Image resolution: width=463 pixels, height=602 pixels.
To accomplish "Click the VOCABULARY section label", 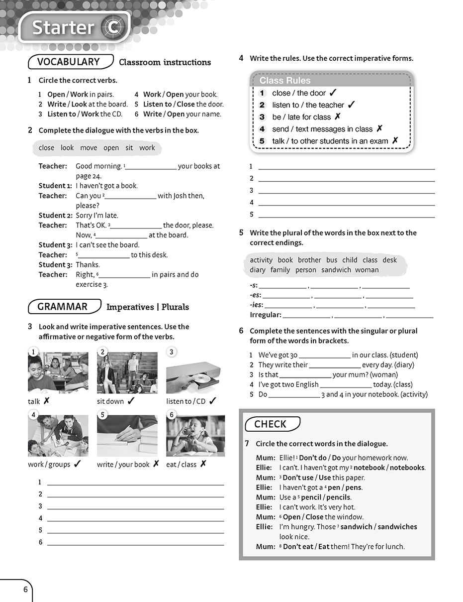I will [x=68, y=62].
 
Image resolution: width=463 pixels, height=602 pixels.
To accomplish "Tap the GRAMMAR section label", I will [x=62, y=307].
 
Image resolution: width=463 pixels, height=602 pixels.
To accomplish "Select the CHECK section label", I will [x=270, y=424].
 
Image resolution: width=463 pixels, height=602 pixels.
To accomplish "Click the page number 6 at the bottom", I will [x=25, y=590].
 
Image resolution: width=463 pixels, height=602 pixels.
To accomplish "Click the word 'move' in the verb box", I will [x=89, y=148].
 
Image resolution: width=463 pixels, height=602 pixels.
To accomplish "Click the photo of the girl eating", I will [x=195, y=436].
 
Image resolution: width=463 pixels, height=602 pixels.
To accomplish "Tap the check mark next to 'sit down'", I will [x=131, y=401].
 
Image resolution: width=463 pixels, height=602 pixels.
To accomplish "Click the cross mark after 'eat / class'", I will [x=203, y=464].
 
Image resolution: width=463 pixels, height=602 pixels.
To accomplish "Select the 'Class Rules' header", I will [x=284, y=81].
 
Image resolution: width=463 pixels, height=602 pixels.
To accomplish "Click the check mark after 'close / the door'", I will [x=333, y=93].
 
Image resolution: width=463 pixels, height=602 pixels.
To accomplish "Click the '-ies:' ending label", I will [x=256, y=305].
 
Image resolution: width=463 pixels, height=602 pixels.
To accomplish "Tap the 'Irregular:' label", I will [x=265, y=315].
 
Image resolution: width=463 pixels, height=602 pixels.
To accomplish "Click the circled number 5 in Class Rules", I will [x=263, y=141].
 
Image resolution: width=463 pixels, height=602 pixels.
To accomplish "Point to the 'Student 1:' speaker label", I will [x=55, y=186].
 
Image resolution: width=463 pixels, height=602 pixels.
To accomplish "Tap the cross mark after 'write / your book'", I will [x=156, y=464].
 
